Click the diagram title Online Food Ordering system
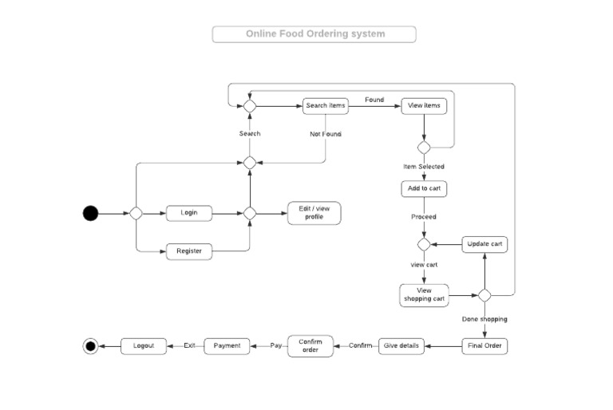[314, 34]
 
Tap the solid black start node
[91, 213]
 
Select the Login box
[189, 213]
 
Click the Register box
[189, 251]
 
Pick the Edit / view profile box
[314, 213]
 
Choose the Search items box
[326, 105]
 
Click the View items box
[424, 105]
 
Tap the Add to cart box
[424, 189]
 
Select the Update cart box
[484, 244]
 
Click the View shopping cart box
[424, 295]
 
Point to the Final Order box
[484, 346]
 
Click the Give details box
[401, 346]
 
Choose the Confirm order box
[310, 346]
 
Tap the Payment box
[227, 346]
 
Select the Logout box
[144, 346]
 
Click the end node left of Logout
[90, 346]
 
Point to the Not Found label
[326, 134]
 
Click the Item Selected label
[424, 167]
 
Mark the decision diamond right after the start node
[136, 213]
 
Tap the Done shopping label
[484, 319]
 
